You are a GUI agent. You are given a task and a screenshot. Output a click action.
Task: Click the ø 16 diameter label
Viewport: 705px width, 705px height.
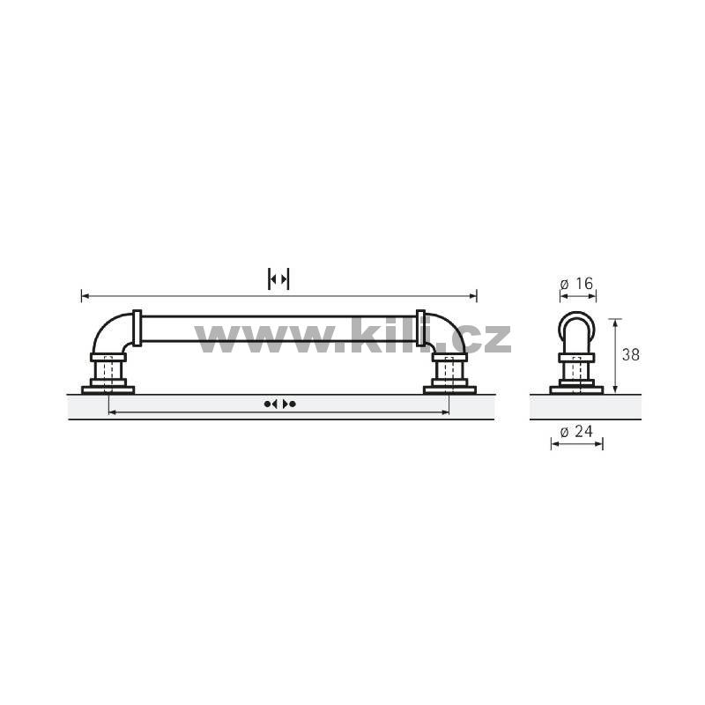coord(577,284)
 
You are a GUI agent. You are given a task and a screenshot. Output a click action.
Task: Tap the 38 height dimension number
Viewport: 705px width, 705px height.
coord(631,355)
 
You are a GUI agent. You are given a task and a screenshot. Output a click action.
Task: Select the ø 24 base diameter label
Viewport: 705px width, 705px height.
coord(577,432)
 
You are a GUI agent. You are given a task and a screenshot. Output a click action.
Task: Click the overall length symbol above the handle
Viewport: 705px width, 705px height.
coord(278,279)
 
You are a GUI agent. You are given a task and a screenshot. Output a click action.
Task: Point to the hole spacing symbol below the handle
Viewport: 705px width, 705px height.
coord(279,404)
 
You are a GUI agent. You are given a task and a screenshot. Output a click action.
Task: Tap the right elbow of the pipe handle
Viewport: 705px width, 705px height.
coord(445,333)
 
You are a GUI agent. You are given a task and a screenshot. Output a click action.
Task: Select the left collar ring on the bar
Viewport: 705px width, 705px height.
coord(137,328)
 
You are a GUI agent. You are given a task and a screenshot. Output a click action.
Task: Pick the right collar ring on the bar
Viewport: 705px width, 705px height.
coord(421,328)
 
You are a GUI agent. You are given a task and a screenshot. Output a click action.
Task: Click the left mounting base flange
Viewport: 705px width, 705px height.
coord(108,390)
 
